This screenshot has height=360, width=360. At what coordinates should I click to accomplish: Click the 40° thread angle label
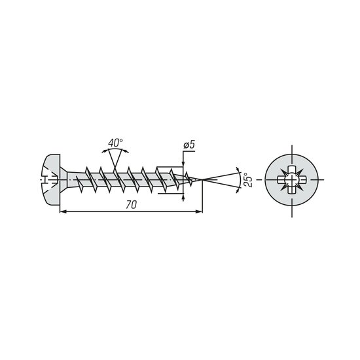(x=115, y=143)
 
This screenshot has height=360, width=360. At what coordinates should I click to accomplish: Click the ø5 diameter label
(x=189, y=145)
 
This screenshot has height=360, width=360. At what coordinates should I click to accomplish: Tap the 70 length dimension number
(x=131, y=205)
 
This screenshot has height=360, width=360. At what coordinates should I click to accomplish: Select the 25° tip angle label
(x=249, y=180)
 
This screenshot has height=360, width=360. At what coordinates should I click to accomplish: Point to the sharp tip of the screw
(x=202, y=179)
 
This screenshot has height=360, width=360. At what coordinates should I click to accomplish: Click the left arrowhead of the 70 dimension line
(x=63, y=211)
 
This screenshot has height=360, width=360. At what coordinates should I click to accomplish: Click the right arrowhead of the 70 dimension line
(x=199, y=211)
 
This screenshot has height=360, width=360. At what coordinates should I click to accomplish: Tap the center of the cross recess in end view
(x=292, y=179)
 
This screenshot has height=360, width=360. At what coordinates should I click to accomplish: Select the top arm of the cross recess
(x=292, y=170)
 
